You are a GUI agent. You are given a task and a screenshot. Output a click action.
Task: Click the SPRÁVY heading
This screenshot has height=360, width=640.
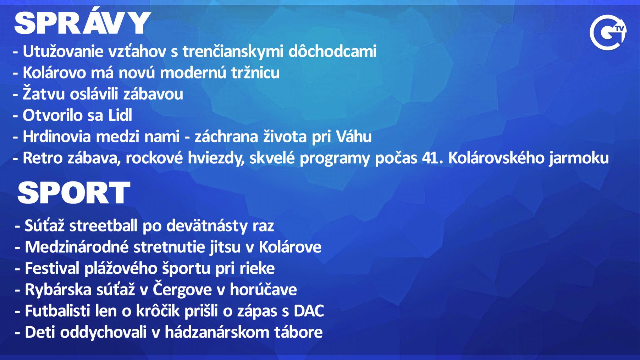pos(82,23)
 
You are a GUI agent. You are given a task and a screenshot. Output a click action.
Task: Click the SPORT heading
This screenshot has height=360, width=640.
pos(74,193)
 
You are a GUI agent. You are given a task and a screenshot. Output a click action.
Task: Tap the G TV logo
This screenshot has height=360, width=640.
pos(608,32)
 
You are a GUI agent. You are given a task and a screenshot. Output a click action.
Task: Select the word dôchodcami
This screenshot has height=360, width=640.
pos(332,51)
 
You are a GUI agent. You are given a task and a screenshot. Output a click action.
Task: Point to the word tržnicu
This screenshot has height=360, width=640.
pos(255,73)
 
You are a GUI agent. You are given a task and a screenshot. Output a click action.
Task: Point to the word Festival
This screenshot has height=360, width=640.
pos(52,268)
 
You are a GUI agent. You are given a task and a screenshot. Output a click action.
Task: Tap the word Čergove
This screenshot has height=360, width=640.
pos(182,289)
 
